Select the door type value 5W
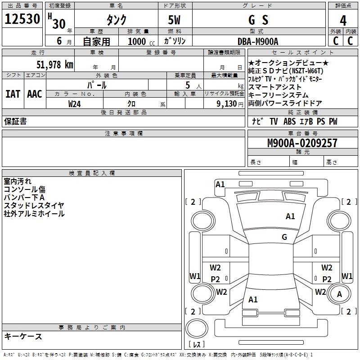coord(174,20)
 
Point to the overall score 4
coord(343,20)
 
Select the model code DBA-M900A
coord(258,41)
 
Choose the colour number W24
coord(75,104)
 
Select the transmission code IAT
coord(13,94)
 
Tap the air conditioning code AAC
coord(35,94)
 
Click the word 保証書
coord(15,121)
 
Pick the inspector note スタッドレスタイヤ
coord(34,205)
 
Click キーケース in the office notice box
coord(23,336)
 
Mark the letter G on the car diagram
coord(284,237)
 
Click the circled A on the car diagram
coord(340,294)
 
